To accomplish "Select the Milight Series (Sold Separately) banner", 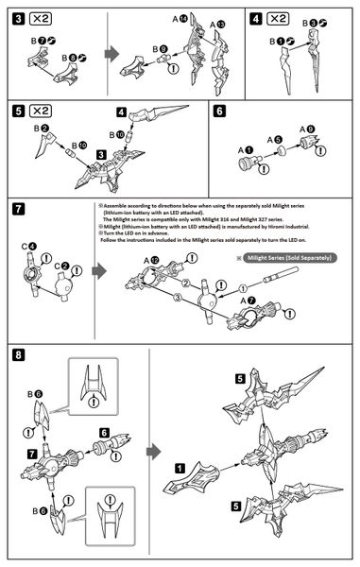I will click(x=282, y=257).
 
